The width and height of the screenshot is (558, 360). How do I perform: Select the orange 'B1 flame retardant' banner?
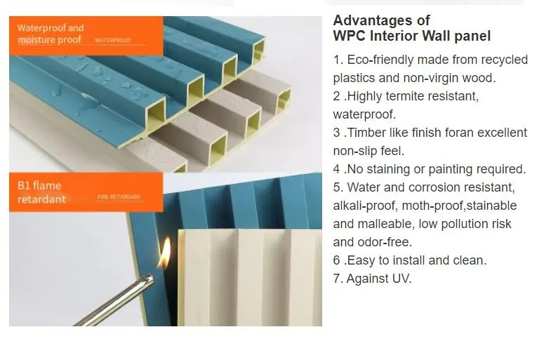84,192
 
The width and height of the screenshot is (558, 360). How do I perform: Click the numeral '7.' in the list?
338,279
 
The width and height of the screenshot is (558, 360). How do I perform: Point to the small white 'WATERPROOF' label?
113,41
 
